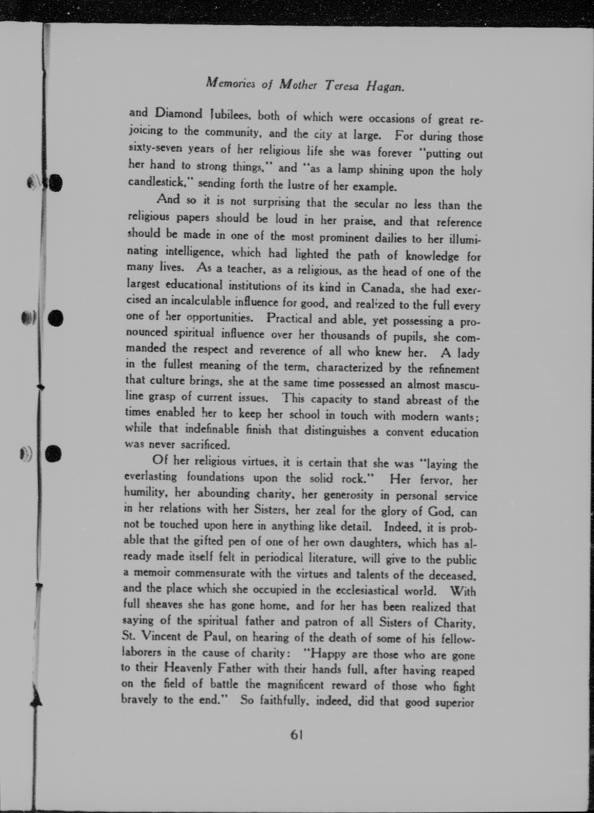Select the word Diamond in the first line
pos(178,114)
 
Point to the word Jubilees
pos(230,115)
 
